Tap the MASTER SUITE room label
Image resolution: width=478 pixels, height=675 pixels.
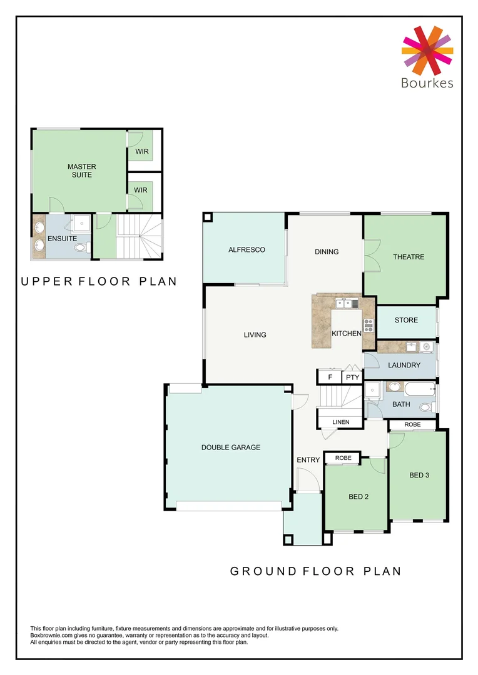(82, 171)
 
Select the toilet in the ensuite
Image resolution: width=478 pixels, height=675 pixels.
(80, 248)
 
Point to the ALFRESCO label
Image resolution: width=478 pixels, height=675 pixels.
(247, 249)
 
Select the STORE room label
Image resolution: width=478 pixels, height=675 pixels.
(406, 320)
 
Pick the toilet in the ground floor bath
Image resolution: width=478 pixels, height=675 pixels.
(426, 407)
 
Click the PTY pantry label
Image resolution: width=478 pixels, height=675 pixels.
(352, 377)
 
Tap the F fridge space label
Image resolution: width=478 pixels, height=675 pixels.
(330, 377)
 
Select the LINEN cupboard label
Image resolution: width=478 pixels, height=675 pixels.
(341, 422)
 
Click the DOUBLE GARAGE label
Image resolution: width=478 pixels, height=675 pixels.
(230, 447)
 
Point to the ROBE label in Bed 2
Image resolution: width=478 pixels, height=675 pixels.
(343, 458)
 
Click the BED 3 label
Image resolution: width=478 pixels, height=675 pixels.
(419, 474)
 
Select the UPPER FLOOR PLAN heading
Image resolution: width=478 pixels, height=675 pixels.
(99, 282)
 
